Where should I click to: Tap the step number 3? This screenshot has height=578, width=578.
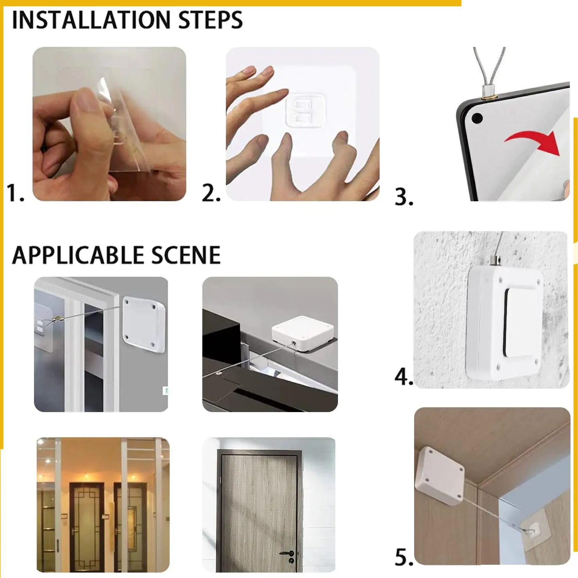(404, 197)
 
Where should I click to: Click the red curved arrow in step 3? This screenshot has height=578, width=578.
(534, 141)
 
